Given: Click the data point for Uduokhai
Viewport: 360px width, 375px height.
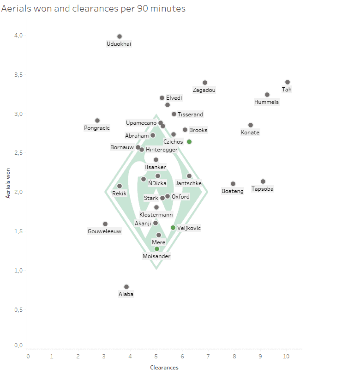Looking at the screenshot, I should click(x=120, y=36).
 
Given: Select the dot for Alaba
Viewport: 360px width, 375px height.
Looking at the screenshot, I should click(x=126, y=287).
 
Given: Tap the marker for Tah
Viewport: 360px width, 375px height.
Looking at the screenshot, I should click(x=288, y=82).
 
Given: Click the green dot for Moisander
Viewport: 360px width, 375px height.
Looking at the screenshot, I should click(x=157, y=249).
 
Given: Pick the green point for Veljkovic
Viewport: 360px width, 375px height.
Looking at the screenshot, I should click(x=173, y=228).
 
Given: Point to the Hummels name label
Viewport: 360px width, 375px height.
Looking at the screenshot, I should click(x=267, y=102).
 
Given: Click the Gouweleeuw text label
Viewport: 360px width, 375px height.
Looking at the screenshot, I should click(x=105, y=231).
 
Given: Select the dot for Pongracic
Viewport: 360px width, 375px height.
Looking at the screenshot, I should click(x=97, y=121).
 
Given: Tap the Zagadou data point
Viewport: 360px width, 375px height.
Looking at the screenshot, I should click(x=205, y=83).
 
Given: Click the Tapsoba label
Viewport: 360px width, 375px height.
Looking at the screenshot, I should click(x=263, y=189).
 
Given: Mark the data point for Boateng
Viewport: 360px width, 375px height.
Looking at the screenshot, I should click(x=233, y=184).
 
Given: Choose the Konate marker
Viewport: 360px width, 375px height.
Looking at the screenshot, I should click(x=251, y=125).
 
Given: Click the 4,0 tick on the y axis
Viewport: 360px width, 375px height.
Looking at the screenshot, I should click(x=18, y=36).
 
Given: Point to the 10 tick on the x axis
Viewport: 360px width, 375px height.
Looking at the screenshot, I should click(x=286, y=357).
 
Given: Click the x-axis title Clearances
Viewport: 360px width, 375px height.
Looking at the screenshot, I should click(x=164, y=368).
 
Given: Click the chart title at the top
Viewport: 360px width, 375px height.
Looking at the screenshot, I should click(x=94, y=9).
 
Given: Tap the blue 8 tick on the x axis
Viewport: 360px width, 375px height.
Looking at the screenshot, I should click(x=234, y=357).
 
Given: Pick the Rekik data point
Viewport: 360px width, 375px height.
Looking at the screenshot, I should click(x=120, y=186).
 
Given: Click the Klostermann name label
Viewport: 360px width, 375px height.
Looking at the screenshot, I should click(x=156, y=215).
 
